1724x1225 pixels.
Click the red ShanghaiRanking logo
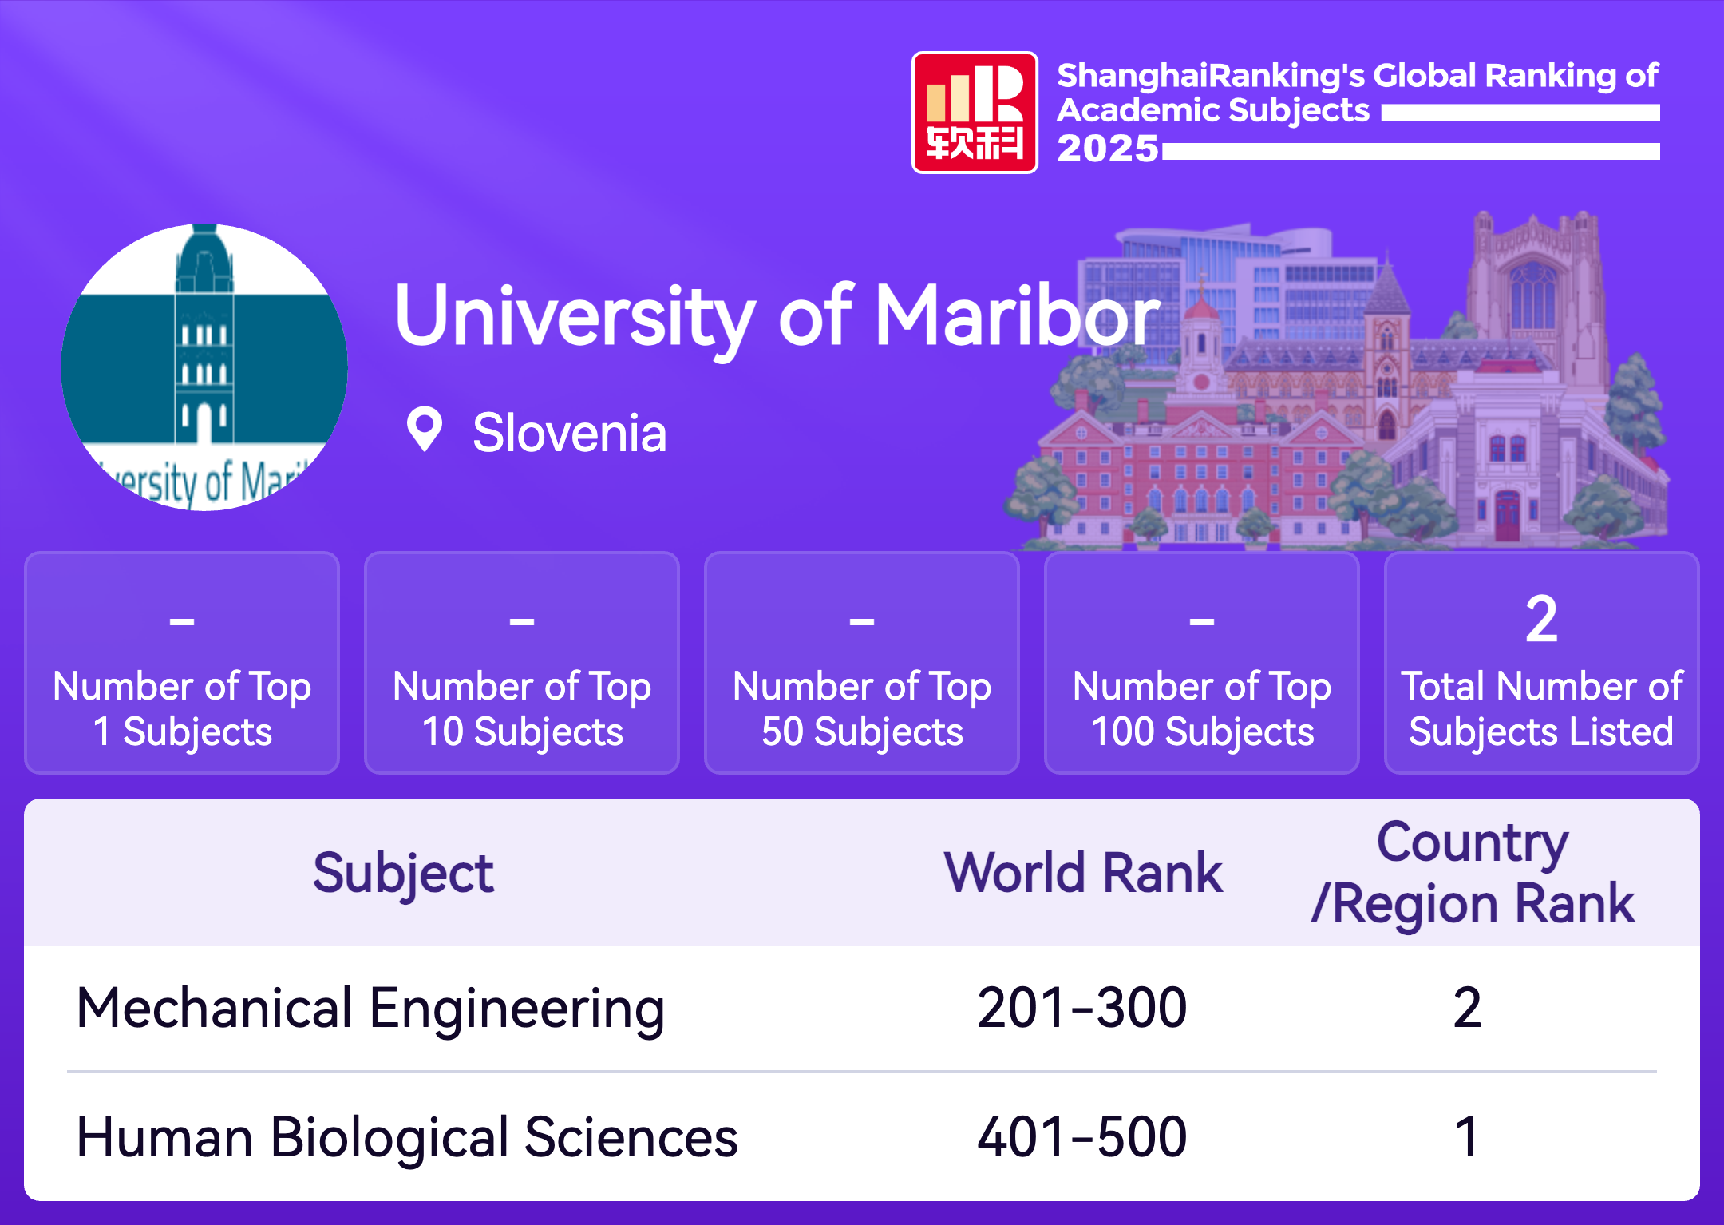click(x=975, y=113)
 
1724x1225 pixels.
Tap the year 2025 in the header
click(x=1108, y=149)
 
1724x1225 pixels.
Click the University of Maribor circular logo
click(x=204, y=367)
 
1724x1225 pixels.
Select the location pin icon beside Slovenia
click(x=425, y=430)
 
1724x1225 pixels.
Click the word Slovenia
click(x=569, y=433)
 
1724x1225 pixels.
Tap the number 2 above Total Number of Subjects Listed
click(x=1541, y=619)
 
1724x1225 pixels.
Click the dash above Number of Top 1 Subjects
click(x=182, y=620)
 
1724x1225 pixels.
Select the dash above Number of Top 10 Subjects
click(x=522, y=620)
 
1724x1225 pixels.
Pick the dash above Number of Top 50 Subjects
click(x=862, y=620)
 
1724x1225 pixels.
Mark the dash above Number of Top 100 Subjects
click(x=1202, y=620)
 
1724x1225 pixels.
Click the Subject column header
click(x=403, y=874)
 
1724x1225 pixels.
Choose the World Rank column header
click(x=1083, y=872)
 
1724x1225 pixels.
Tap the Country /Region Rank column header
click(x=1473, y=873)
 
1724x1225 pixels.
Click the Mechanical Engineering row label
click(x=370, y=1009)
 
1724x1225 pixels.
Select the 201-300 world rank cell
click(x=1082, y=1008)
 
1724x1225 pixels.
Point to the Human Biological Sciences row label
click(x=407, y=1137)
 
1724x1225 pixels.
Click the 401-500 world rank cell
click(x=1082, y=1137)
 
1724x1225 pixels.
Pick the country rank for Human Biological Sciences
click(x=1467, y=1137)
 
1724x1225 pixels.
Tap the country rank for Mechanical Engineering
click(x=1467, y=1008)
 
